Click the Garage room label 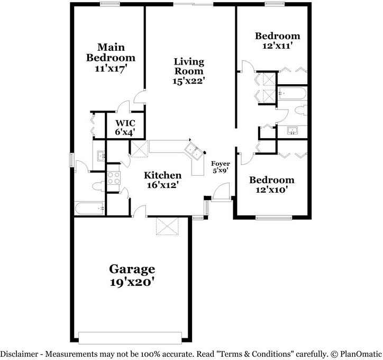click(132, 269)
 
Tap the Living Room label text click(189, 66)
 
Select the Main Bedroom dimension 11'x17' click(111, 68)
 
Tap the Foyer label click(220, 164)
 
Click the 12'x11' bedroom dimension click(277, 46)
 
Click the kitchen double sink click(195, 151)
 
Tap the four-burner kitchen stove click(114, 178)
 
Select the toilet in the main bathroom click(98, 186)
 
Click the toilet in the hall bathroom click(300, 111)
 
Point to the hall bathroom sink click(291, 130)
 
